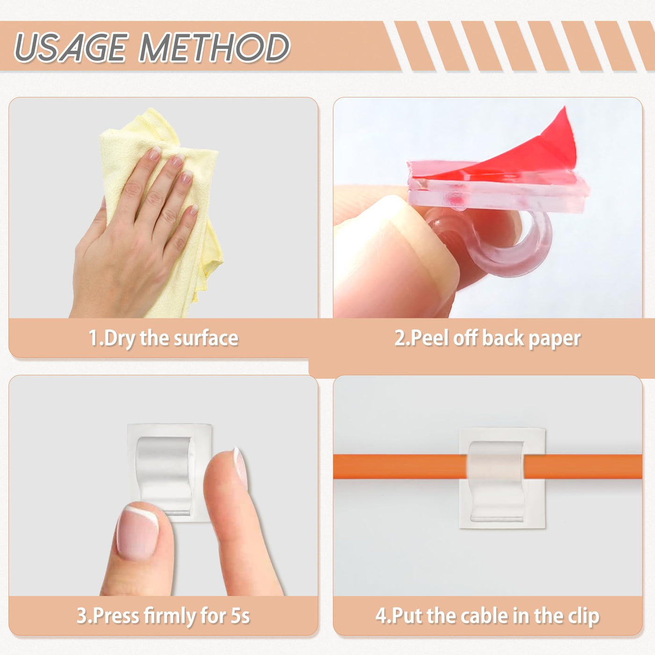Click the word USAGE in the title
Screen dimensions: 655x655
[71, 47]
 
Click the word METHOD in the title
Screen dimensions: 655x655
[214, 47]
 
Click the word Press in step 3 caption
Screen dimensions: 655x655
[115, 616]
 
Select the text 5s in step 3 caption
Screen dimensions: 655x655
[240, 616]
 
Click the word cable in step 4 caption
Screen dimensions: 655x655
[478, 616]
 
